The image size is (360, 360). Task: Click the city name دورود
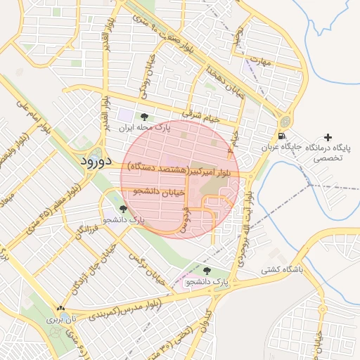pos(91,161)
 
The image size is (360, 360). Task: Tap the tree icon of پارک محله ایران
pos(144,117)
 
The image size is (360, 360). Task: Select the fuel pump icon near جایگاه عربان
pos(282,136)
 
